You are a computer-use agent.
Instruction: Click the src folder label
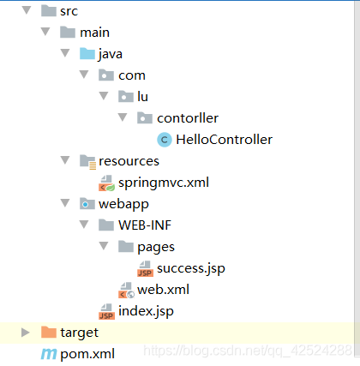coord(69,11)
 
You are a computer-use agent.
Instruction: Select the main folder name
coord(94,33)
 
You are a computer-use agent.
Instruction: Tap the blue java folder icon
coord(87,54)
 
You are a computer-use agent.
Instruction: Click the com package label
coord(132,75)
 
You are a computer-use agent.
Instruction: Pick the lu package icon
coord(126,97)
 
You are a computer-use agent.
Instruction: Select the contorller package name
coord(188,118)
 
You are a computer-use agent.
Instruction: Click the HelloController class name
coord(224,140)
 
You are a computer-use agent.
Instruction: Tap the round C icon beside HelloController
coord(165,140)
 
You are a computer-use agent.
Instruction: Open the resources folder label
coord(129,161)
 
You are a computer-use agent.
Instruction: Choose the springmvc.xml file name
coord(164,183)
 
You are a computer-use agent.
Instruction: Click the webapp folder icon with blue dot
coord(87,204)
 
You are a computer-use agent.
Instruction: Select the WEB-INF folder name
coord(145,225)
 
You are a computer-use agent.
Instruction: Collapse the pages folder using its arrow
coord(104,246)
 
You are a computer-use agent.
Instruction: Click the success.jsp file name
coord(191,268)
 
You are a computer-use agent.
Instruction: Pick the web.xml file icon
coord(126,290)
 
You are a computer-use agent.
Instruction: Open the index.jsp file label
coord(146,311)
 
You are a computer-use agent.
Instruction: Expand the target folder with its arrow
coord(26,333)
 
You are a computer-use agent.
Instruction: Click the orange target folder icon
coord(49,333)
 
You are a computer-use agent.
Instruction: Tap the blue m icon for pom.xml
coord(49,354)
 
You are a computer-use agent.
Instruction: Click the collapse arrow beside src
coord(27,10)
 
